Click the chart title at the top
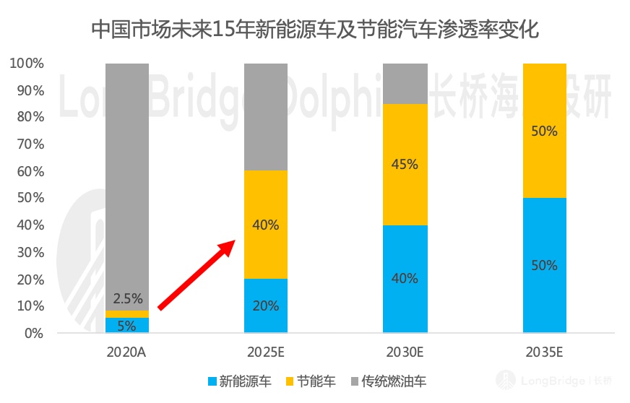[x=315, y=30]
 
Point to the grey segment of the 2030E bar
[x=405, y=83]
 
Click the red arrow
[x=197, y=275]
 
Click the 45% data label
[x=405, y=165]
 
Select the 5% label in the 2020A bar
[x=127, y=326]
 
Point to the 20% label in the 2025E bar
[x=266, y=305]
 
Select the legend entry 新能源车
[x=239, y=381]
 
